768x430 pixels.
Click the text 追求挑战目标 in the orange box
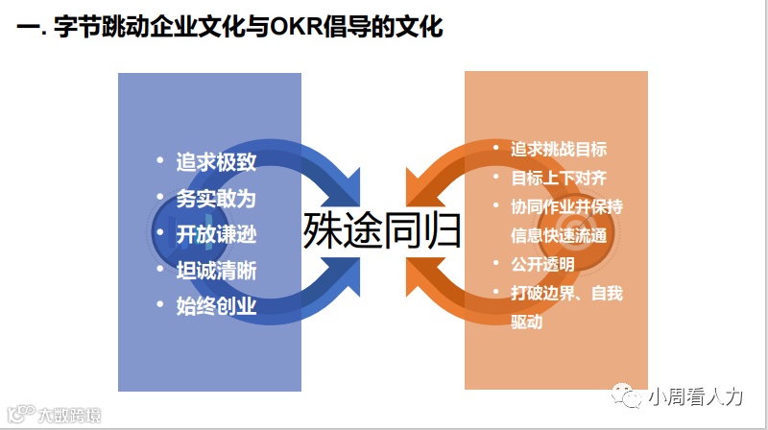click(x=559, y=149)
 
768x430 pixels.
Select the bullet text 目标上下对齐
click(x=559, y=178)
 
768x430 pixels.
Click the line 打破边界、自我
click(x=567, y=293)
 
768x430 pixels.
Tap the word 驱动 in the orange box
click(x=527, y=322)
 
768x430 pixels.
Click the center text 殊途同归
click(x=383, y=231)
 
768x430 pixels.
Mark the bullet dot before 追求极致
click(x=159, y=160)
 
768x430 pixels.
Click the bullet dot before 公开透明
click(x=495, y=263)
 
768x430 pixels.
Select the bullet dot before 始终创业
click(x=159, y=305)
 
